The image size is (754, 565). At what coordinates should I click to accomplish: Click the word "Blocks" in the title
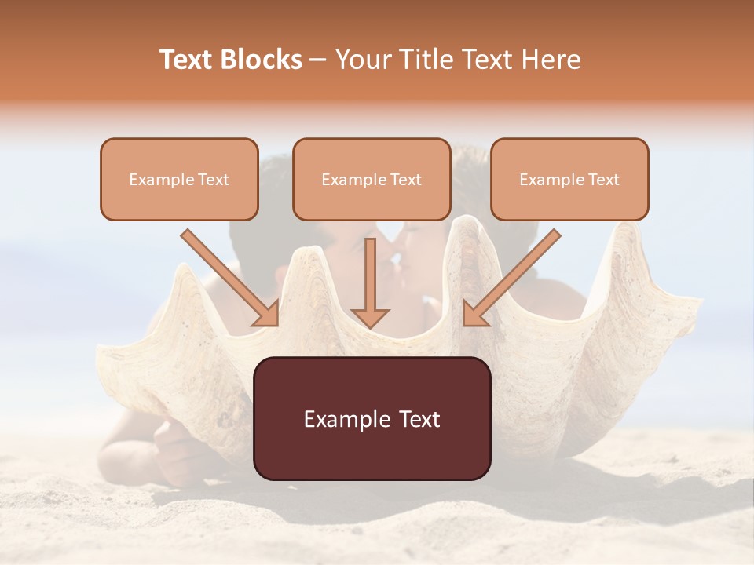point(262,60)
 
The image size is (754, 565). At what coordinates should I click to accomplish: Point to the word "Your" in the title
point(360,60)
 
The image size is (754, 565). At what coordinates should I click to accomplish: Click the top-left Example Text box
point(179,179)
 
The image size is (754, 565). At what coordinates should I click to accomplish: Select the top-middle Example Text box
point(372,179)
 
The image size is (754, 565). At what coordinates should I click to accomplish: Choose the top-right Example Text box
point(569,179)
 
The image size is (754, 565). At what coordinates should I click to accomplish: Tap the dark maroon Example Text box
point(372,418)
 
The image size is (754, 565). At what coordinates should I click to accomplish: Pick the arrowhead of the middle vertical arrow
point(370,318)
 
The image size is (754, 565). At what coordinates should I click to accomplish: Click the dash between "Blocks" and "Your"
point(319,60)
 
